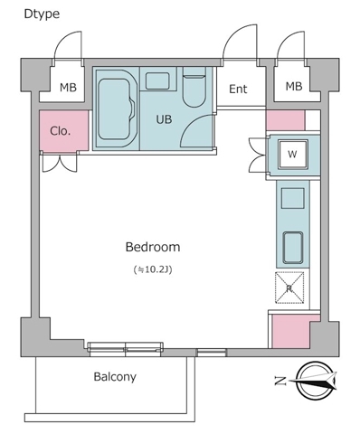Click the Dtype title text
pyautogui.click(x=42, y=14)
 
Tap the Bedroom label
pyautogui.click(x=153, y=247)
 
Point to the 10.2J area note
pyautogui.click(x=153, y=269)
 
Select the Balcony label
pyautogui.click(x=115, y=377)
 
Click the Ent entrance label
pyautogui.click(x=238, y=89)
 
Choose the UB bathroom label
pyautogui.click(x=164, y=119)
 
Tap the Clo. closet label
pyautogui.click(x=61, y=131)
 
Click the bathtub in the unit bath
pyautogui.click(x=116, y=108)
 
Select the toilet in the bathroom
pyautogui.click(x=194, y=87)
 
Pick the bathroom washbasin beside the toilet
pyautogui.click(x=157, y=80)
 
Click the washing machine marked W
pyautogui.click(x=293, y=155)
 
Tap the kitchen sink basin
pyautogui.click(x=293, y=248)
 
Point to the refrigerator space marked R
pyautogui.click(x=289, y=288)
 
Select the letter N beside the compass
pyautogui.click(x=280, y=381)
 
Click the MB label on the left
pyautogui.click(x=68, y=88)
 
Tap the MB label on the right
pyautogui.click(x=294, y=87)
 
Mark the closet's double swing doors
pyautogui.click(x=60, y=163)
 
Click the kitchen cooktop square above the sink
pyautogui.click(x=293, y=198)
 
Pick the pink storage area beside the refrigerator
pyautogui.click(x=291, y=332)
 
